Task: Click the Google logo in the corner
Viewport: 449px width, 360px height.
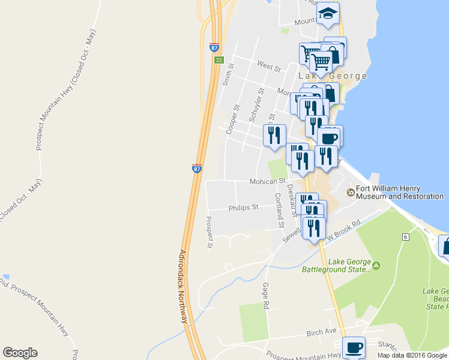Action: click(20, 353)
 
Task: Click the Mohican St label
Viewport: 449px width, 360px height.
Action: click(267, 181)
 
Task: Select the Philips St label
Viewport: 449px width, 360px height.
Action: click(243, 208)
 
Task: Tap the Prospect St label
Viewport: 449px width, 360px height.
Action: click(210, 232)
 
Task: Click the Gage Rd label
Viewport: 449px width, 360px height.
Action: click(265, 296)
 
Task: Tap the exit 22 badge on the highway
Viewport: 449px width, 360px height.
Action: click(219, 60)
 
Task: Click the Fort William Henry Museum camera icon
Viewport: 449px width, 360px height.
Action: click(351, 192)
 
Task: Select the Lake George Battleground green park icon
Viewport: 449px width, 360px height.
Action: click(376, 265)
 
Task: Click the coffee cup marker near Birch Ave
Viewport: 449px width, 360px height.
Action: click(353, 347)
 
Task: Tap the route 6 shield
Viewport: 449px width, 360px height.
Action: click(406, 238)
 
